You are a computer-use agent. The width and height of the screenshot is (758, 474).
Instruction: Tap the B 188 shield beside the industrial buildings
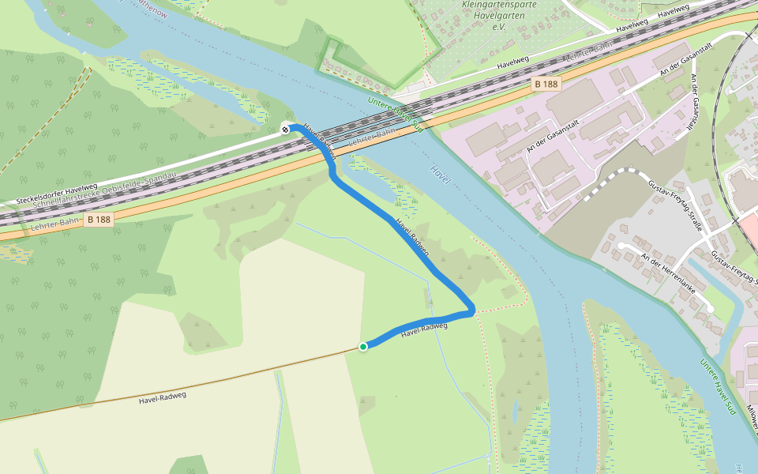coord(546,84)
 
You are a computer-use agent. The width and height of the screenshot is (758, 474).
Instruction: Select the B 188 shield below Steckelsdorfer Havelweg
coord(99,219)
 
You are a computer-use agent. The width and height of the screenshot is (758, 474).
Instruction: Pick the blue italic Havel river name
coord(441,175)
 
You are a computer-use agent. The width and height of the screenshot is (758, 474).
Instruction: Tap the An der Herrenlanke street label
coord(668,273)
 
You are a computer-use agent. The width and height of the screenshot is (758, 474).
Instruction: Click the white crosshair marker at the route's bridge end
coord(285,128)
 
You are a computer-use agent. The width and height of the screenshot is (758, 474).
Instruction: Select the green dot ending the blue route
coord(362,346)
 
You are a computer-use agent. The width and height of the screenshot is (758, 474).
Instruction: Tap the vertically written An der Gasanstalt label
coord(695,101)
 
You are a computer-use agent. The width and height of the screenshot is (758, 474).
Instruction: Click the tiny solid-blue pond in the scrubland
coord(515,412)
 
